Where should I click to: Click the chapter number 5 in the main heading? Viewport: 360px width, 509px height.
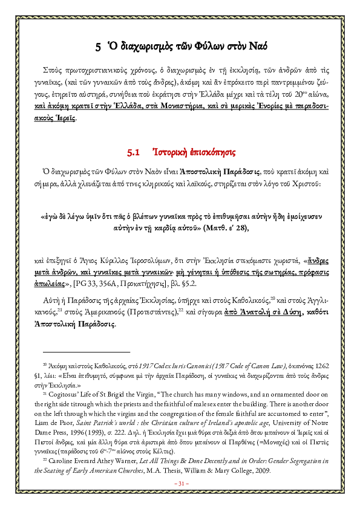(99, 46)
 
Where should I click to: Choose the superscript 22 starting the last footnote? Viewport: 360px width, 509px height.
(44, 458)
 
